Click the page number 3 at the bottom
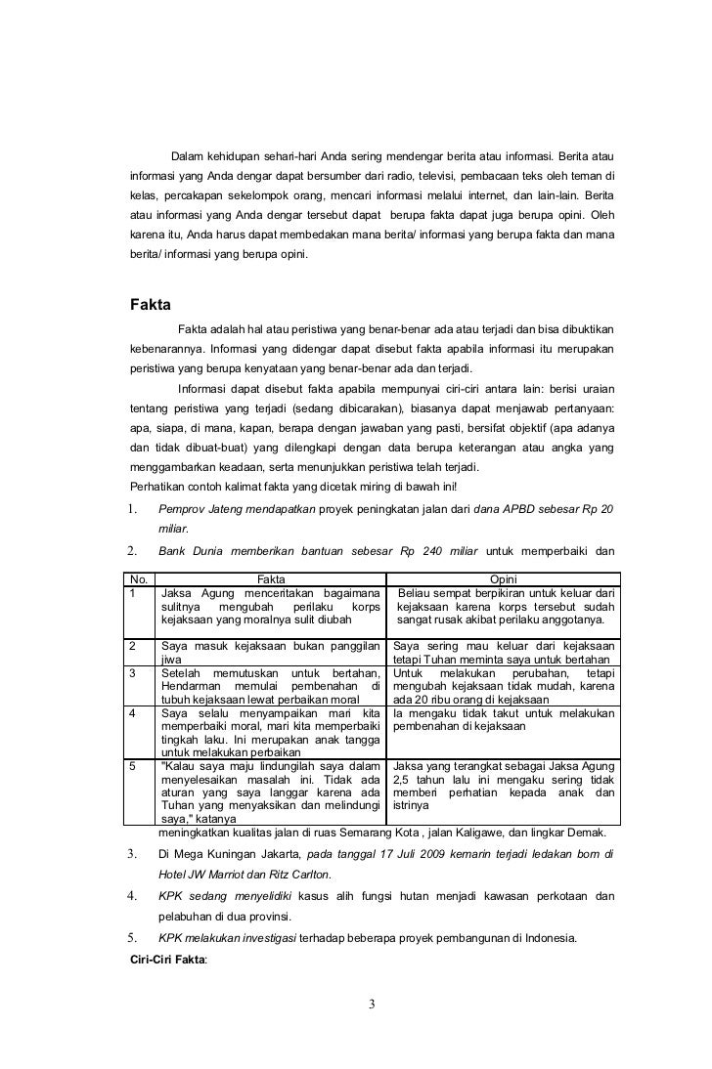pyautogui.click(x=372, y=1005)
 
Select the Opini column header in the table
pyautogui.click(x=503, y=578)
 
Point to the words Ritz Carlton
pyautogui.click(x=298, y=874)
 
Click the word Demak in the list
pyautogui.click(x=585, y=833)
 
